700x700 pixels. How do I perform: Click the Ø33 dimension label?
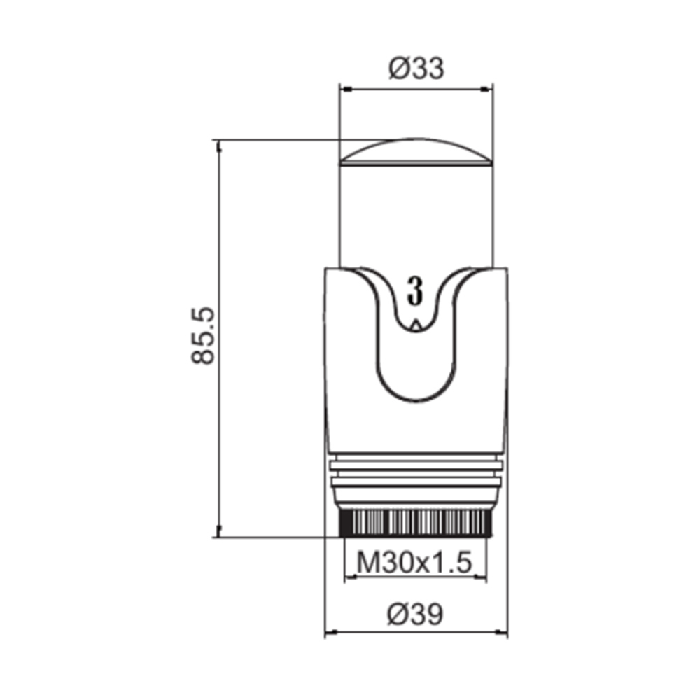[x=416, y=69]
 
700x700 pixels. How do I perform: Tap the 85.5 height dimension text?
[x=204, y=336]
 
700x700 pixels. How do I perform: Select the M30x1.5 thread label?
[x=414, y=563]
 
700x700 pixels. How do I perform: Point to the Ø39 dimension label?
[x=415, y=615]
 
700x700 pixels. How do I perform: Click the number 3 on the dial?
[x=415, y=290]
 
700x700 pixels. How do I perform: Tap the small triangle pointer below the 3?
[x=416, y=325]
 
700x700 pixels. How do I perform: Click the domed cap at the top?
[x=416, y=153]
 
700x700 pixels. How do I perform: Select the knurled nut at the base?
[x=416, y=523]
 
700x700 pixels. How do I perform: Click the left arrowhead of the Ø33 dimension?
[x=345, y=90]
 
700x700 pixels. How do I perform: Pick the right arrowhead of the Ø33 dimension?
[x=487, y=90]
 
